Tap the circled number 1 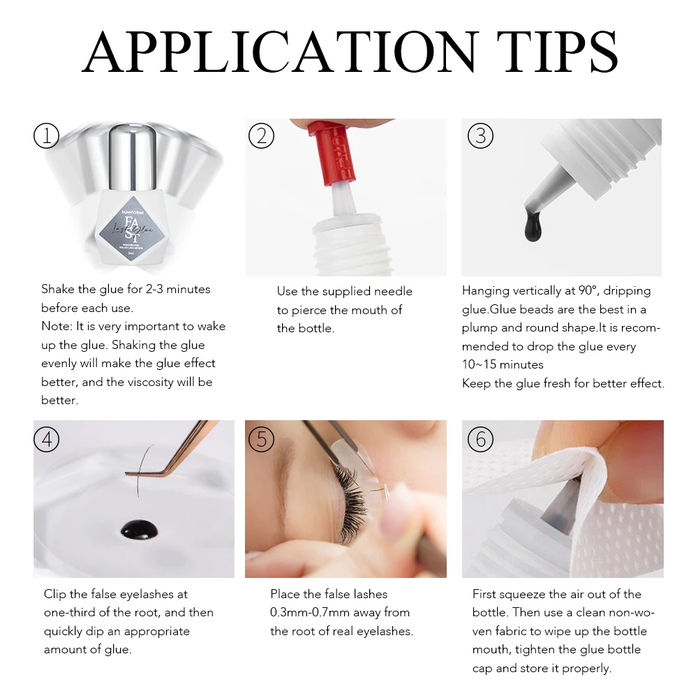(x=47, y=136)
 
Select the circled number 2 (x=261, y=136)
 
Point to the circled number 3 (x=480, y=136)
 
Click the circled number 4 (x=47, y=439)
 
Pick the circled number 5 (x=261, y=439)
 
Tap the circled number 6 (x=480, y=439)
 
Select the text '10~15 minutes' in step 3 (x=503, y=365)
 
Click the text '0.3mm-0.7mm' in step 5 (x=305, y=613)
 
